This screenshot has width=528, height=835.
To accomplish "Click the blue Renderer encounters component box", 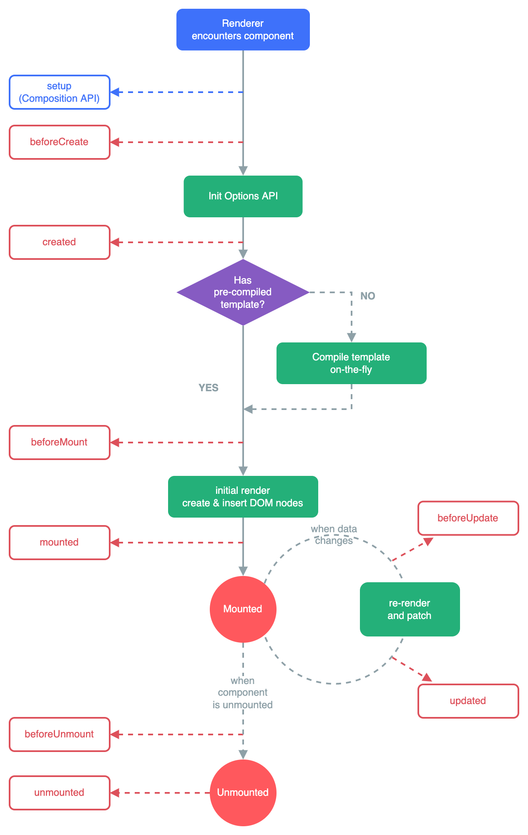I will click(243, 30).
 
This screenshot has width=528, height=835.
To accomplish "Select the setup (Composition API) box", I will click(60, 92).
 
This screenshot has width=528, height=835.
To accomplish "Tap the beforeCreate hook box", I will click(60, 142).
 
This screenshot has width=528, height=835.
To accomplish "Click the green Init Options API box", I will click(243, 196).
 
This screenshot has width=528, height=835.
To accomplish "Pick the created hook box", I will click(60, 242).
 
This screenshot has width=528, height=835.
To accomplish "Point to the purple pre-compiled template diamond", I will click(243, 292).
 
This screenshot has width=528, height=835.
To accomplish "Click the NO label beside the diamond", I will click(367, 296).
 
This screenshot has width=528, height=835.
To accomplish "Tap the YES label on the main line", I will click(209, 388).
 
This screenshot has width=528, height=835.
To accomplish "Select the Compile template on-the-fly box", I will click(351, 363).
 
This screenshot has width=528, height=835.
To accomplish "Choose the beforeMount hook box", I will click(60, 443).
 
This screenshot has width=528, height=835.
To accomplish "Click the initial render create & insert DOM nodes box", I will click(243, 497).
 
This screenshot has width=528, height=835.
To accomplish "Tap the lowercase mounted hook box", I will click(60, 543).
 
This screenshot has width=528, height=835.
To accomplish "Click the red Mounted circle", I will click(243, 609).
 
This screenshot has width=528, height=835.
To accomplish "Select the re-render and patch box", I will click(410, 609).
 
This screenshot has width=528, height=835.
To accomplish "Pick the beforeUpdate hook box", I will click(468, 518).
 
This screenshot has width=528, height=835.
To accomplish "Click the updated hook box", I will click(468, 701).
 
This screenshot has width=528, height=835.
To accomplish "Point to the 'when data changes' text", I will click(334, 535).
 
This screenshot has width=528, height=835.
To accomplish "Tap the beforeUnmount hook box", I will click(60, 734).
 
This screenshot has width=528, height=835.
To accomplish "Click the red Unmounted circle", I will click(243, 792).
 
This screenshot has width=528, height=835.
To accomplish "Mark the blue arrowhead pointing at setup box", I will click(115, 92).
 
